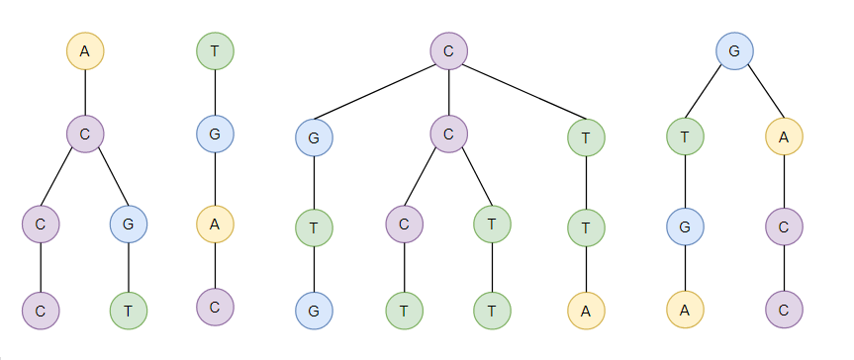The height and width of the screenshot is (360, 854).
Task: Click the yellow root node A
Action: (x=85, y=50)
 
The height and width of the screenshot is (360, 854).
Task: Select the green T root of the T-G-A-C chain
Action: (x=216, y=50)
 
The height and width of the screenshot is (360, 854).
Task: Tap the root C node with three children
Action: (x=449, y=50)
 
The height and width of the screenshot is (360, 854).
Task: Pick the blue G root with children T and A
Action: (x=734, y=50)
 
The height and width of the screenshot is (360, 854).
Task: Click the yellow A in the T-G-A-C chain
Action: (x=216, y=225)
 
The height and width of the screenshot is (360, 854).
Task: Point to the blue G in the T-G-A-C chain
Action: (x=216, y=134)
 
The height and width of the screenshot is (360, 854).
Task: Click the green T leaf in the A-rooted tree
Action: (x=129, y=311)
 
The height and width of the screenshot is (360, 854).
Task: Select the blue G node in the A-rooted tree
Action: (x=129, y=225)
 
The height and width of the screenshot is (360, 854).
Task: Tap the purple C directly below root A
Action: (x=85, y=134)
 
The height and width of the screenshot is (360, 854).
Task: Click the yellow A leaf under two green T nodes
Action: (x=587, y=311)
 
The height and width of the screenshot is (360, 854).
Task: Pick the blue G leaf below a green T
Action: (x=314, y=311)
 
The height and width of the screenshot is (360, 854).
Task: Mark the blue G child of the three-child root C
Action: (x=314, y=137)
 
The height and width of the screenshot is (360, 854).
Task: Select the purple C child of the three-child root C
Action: (x=449, y=134)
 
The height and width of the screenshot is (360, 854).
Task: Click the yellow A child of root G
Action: (x=784, y=137)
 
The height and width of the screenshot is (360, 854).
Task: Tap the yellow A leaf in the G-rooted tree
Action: (x=685, y=311)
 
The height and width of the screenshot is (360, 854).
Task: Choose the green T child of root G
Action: (x=685, y=137)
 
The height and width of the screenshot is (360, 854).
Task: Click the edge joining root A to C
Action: (x=85, y=92)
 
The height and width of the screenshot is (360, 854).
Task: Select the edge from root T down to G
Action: (x=216, y=92)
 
